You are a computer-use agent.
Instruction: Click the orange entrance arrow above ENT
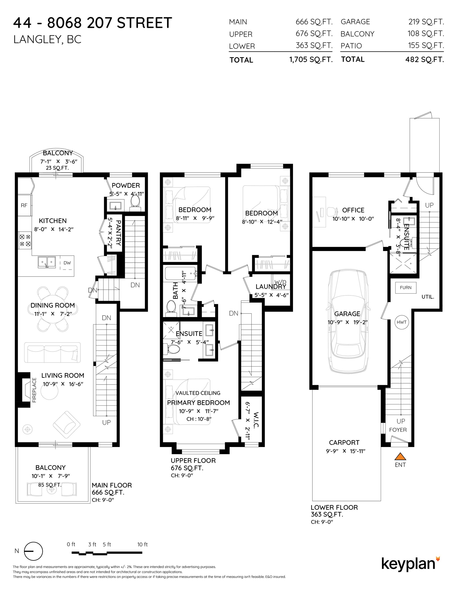400,456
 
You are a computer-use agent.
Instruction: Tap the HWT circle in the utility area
402,322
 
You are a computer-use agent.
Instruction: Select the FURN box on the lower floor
406,287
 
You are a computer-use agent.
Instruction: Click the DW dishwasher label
67,263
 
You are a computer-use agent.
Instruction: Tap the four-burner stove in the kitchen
25,240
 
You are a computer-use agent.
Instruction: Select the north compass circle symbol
34,551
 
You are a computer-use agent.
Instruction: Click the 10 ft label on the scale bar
142,545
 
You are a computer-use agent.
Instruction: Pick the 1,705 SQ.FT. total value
311,60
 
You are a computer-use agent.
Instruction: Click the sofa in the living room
52,353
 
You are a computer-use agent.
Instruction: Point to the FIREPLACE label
34,390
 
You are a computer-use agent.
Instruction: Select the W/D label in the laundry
280,282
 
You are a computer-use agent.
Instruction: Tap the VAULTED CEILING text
198,393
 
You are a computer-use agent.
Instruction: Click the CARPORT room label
344,442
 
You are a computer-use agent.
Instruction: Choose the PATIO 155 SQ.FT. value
426,45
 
